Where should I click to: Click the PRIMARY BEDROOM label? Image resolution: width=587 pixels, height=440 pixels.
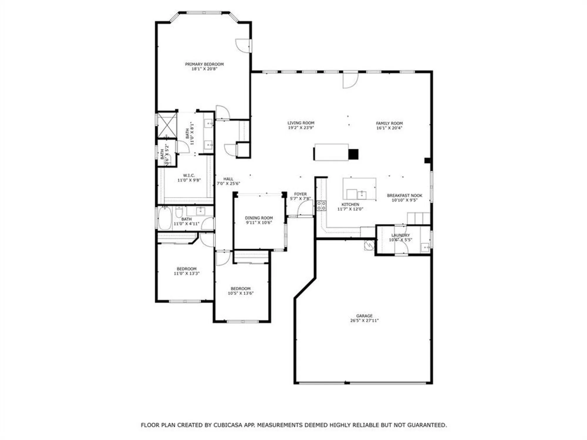pyautogui.click(x=204, y=64)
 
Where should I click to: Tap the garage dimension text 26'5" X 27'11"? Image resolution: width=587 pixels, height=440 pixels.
pyautogui.click(x=364, y=321)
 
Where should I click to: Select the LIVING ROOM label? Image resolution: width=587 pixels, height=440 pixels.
pyautogui.click(x=301, y=123)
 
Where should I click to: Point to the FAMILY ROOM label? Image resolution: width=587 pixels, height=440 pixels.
pyautogui.click(x=389, y=123)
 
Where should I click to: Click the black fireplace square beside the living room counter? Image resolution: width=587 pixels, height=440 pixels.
pyautogui.click(x=353, y=154)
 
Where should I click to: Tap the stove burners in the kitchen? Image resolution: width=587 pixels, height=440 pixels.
pyautogui.click(x=321, y=205)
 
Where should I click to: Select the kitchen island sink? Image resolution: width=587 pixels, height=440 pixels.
pyautogui.click(x=362, y=194)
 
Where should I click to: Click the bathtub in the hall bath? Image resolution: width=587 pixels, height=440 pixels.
pyautogui.click(x=165, y=219)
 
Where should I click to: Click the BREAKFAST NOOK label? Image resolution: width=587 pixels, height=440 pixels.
pyautogui.click(x=404, y=195)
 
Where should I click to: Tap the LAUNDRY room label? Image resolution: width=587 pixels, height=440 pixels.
pyautogui.click(x=400, y=235)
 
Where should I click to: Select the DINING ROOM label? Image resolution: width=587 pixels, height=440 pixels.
pyautogui.click(x=259, y=218)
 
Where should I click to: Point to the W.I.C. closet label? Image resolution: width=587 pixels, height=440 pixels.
pyautogui.click(x=189, y=175)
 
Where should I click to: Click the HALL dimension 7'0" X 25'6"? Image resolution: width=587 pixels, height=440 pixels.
pyautogui.click(x=228, y=184)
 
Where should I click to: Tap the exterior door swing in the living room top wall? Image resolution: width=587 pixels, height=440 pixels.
pyautogui.click(x=350, y=80)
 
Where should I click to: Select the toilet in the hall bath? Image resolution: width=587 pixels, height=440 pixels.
pyautogui.click(x=179, y=211)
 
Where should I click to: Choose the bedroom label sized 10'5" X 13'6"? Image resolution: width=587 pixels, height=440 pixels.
pyautogui.click(x=241, y=289)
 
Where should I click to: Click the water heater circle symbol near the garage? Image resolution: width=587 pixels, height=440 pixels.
pyautogui.click(x=369, y=245)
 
